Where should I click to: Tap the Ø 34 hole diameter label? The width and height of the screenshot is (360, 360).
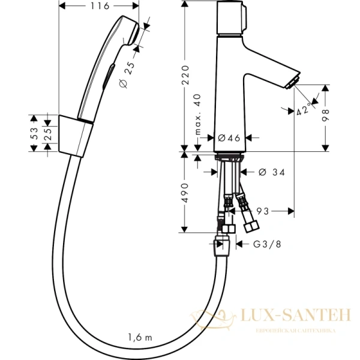271,173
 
